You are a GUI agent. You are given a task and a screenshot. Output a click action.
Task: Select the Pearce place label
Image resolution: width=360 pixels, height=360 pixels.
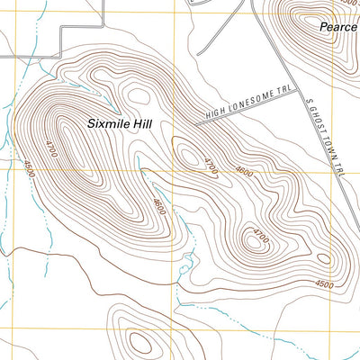coord(338,27)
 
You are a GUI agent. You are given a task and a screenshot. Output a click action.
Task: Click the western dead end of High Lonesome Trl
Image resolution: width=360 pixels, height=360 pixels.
coord(196,121)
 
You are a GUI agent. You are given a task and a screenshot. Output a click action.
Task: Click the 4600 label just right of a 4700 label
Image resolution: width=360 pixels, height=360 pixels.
coord(243,171)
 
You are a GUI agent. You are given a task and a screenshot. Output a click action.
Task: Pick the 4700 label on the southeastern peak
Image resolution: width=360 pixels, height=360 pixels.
coord(260,236)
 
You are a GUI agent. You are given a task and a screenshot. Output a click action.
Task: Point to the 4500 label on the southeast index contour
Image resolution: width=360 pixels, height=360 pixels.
coord(324,284)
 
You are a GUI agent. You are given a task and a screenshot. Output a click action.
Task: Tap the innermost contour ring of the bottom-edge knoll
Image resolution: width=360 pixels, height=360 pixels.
coord(139,342)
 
